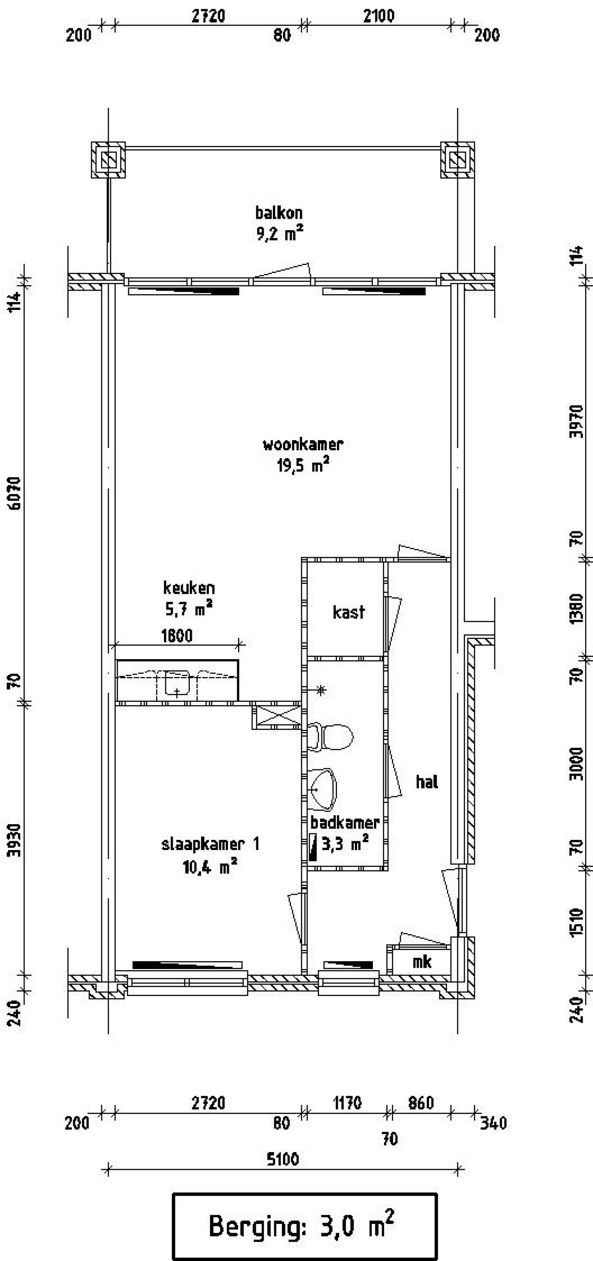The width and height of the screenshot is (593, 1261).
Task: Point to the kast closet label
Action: point(349,612)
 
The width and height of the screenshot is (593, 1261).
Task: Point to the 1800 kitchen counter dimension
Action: point(177,636)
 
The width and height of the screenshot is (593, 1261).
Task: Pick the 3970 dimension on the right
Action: point(578,422)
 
